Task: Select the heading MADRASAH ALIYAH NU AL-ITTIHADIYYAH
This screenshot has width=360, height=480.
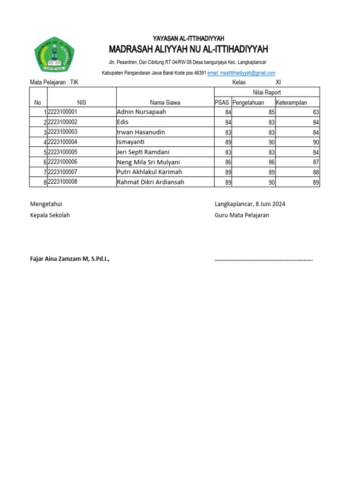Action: [x=188, y=50]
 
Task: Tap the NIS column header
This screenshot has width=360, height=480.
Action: [x=82, y=102]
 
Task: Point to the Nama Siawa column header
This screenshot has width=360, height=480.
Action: [x=165, y=102]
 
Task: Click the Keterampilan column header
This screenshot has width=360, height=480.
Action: [x=291, y=102]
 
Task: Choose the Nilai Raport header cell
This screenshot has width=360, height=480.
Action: [x=267, y=92]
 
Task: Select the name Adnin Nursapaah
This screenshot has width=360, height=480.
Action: [x=142, y=112]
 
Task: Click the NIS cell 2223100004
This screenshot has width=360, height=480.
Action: [x=63, y=142]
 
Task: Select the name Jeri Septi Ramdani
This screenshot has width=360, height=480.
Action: [x=143, y=152]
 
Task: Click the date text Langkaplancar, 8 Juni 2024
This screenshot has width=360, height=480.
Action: [x=250, y=204]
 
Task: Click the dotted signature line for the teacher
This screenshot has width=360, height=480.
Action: [x=263, y=259]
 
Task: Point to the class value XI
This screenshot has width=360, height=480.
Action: [x=278, y=82]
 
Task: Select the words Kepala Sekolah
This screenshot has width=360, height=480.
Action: [x=50, y=215]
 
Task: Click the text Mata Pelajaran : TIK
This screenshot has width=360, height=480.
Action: [x=54, y=82]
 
